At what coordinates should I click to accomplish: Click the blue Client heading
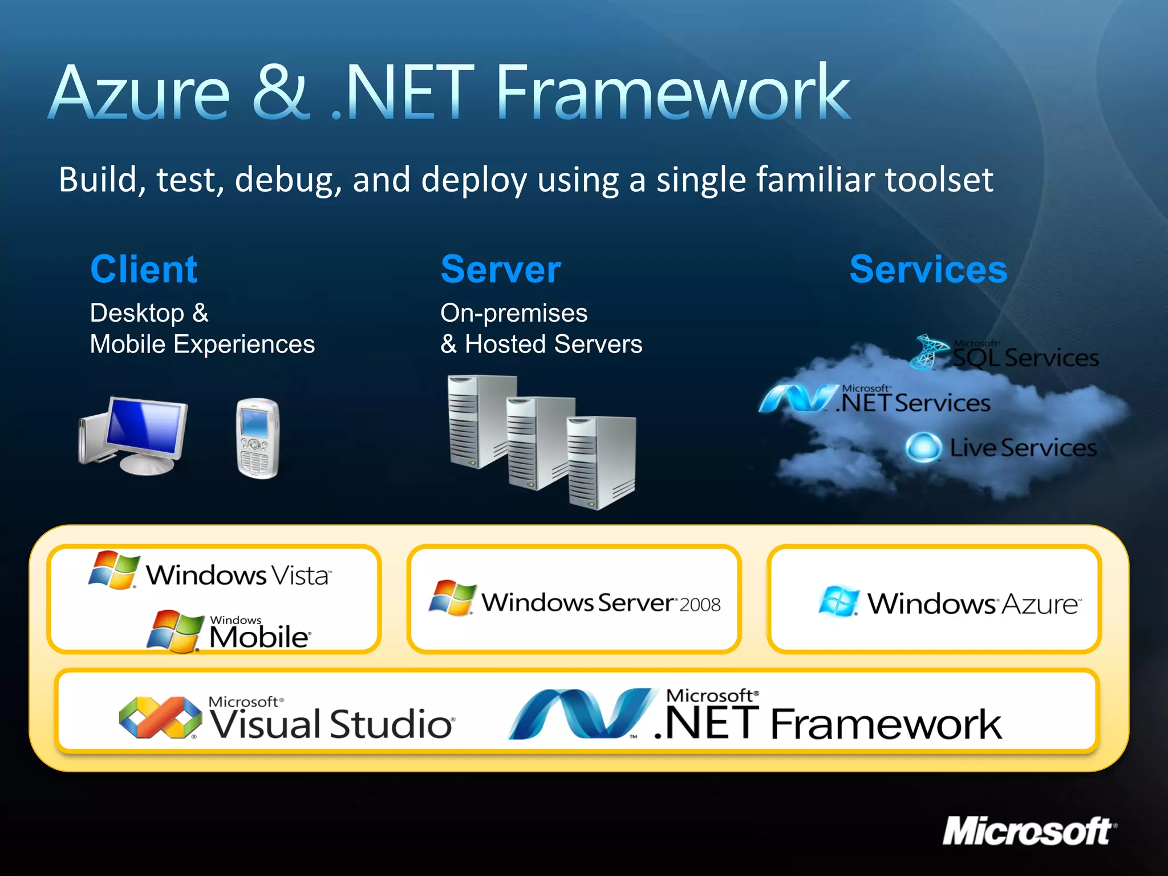(144, 269)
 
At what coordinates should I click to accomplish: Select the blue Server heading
(501, 269)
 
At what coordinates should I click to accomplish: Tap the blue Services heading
(928, 269)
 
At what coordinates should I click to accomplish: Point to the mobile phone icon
(258, 438)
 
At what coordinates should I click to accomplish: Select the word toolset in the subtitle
(939, 179)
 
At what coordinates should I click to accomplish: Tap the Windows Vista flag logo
(114, 569)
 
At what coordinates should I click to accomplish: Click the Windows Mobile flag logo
(175, 631)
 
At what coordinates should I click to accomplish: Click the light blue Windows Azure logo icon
(838, 601)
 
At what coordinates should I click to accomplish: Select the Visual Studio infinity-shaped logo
(160, 717)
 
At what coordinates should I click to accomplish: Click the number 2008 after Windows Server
(700, 605)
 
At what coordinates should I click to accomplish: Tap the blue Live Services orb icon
(923, 447)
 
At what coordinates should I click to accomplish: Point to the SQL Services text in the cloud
(1025, 358)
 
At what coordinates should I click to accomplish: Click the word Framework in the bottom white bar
(886, 724)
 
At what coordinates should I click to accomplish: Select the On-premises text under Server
(513, 313)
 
